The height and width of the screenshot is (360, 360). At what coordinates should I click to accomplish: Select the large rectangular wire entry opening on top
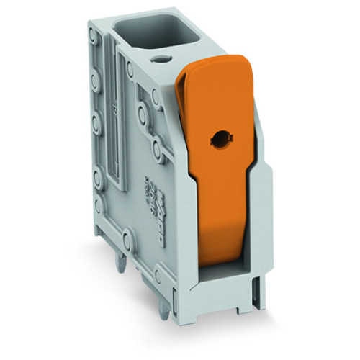(150, 33)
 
